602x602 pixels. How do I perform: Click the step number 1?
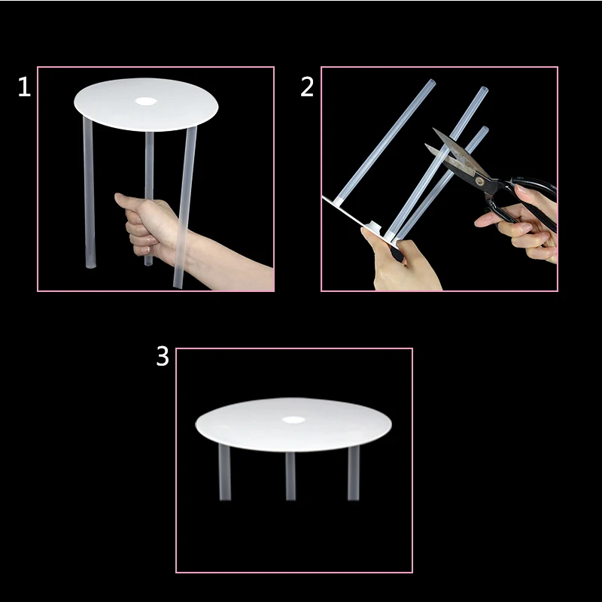[x=24, y=87]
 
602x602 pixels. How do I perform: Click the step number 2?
[x=307, y=87]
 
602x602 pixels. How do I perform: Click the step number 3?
[x=163, y=356]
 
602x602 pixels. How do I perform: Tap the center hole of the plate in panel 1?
[x=146, y=102]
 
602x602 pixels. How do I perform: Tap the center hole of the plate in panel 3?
[x=293, y=420]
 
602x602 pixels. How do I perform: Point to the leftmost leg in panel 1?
[x=89, y=192]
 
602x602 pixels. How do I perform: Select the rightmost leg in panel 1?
[x=185, y=208]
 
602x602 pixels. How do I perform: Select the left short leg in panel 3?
[x=224, y=472]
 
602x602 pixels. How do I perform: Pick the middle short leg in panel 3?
[x=290, y=476]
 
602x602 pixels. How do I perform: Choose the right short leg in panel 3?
[x=353, y=473]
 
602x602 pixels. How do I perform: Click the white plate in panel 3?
[x=293, y=424]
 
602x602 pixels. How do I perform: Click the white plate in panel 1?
[x=146, y=105]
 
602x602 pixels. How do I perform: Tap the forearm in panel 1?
[x=230, y=261]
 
